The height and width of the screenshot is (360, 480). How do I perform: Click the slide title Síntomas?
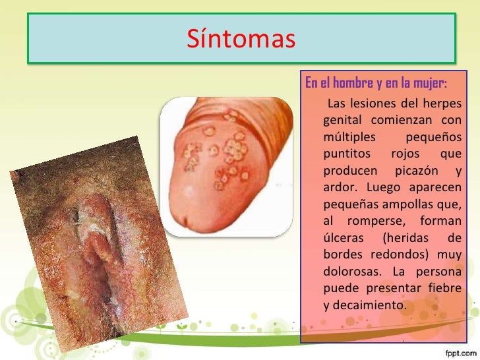click(240, 39)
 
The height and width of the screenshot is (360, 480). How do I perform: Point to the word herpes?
click(441, 104)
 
